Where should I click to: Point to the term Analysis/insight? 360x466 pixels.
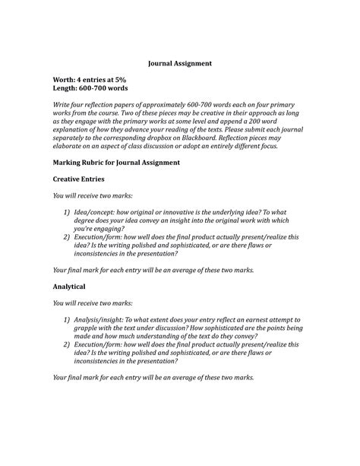click(109, 320)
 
